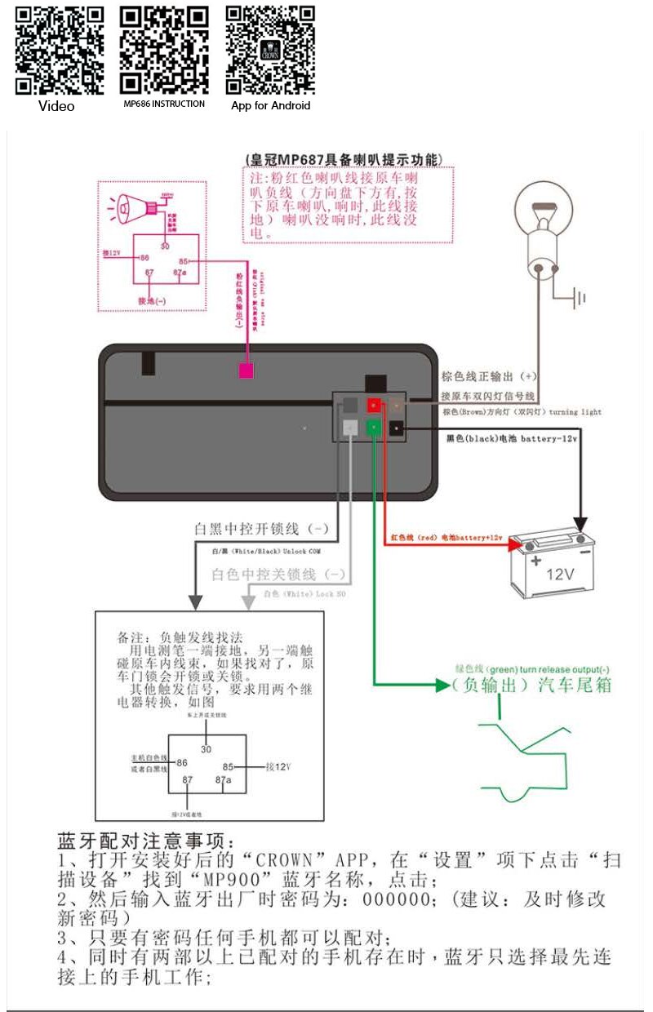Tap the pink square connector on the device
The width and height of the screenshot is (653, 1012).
(x=246, y=371)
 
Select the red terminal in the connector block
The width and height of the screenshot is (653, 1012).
(x=374, y=405)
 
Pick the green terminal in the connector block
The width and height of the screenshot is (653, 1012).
(x=374, y=427)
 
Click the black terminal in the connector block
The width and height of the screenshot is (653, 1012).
(x=397, y=427)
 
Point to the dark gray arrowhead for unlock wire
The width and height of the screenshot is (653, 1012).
(x=195, y=601)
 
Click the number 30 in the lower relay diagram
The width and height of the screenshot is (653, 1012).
(x=206, y=748)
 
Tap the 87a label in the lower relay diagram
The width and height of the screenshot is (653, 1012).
(x=223, y=780)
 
